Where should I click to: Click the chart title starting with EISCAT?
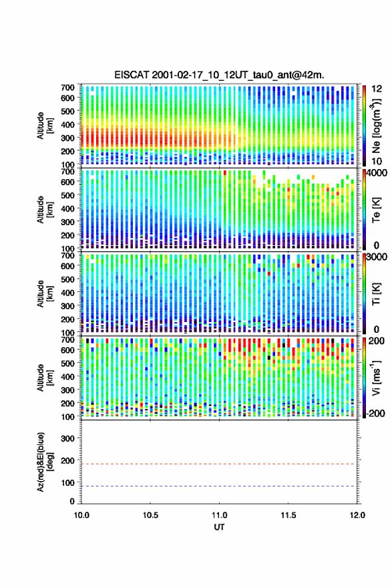[x=219, y=75]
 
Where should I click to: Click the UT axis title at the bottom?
[x=219, y=527]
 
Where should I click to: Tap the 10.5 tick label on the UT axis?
[x=150, y=515]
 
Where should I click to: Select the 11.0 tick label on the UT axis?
[x=219, y=515]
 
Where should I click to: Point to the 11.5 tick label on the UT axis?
[x=288, y=515]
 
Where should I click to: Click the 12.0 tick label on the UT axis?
[x=357, y=515]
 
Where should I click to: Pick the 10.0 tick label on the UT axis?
[x=81, y=515]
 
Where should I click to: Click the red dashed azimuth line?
[x=218, y=464]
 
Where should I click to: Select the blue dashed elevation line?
[x=218, y=486]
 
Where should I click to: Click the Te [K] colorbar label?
[x=376, y=210]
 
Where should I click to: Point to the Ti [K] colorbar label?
[x=376, y=293]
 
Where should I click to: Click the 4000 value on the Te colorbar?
[x=377, y=173]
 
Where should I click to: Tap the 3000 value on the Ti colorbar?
[x=377, y=257]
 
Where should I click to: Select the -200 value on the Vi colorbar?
[x=376, y=413]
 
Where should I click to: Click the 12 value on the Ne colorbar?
[x=377, y=89]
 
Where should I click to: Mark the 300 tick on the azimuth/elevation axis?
[x=67, y=438]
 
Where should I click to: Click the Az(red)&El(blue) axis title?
[x=45, y=462]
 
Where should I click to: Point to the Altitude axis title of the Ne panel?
[x=45, y=126]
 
